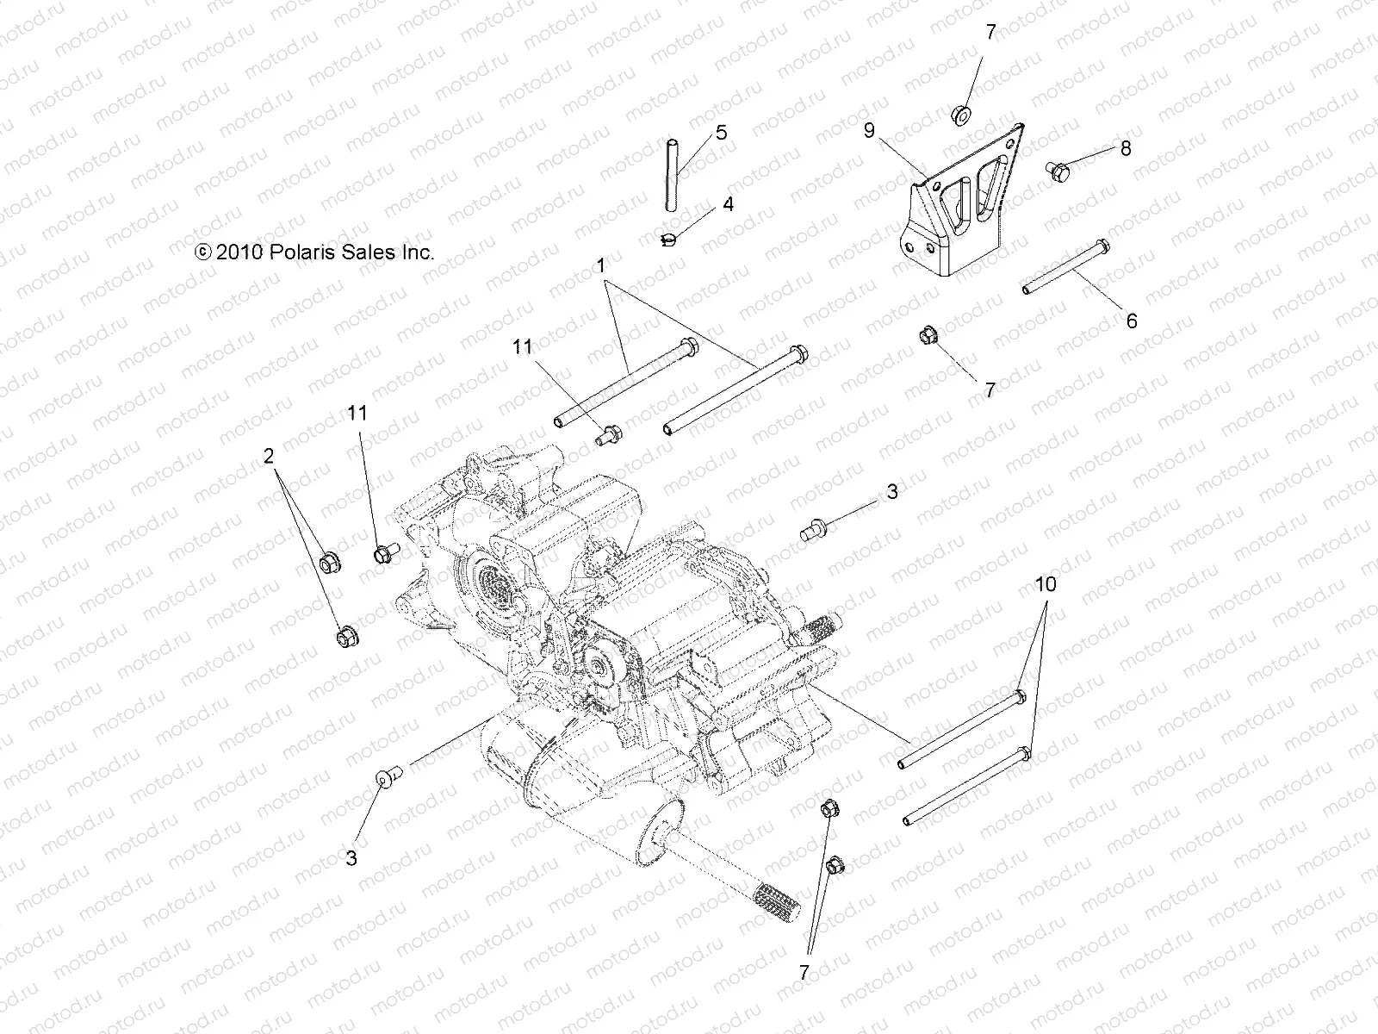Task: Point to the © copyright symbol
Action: [x=202, y=252]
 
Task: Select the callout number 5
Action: [x=721, y=133]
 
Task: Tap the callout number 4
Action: [x=728, y=205]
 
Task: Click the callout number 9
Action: [x=869, y=130]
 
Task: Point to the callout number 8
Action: [x=1150, y=148]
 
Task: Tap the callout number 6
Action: [x=1132, y=321]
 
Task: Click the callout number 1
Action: [x=601, y=267]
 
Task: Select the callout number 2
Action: [x=269, y=455]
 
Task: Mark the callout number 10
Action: [x=1045, y=584]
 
